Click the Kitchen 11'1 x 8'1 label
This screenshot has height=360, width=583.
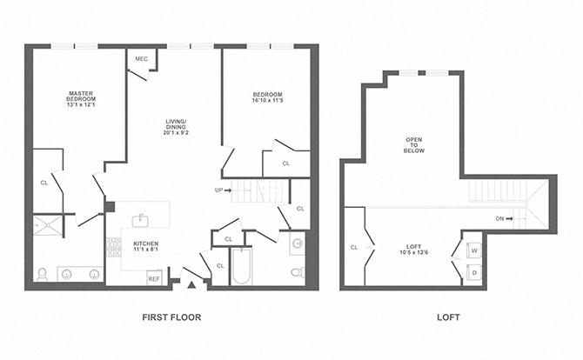pyautogui.click(x=145, y=247)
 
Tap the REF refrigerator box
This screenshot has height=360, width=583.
pyautogui.click(x=154, y=278)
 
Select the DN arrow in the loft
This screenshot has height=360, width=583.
pyautogui.click(x=502, y=218)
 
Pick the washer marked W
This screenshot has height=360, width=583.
pyautogui.click(x=473, y=250)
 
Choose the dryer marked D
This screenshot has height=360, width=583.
pyautogui.click(x=473, y=272)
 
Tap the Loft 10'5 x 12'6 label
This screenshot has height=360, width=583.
pyautogui.click(x=413, y=250)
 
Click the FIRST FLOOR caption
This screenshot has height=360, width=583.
pyautogui.click(x=171, y=318)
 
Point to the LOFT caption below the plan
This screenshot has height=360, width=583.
pyautogui.click(x=449, y=318)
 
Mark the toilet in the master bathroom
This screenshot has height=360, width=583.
pyautogui.click(x=42, y=274)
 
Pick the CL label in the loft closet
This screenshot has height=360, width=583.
pyautogui.click(x=354, y=248)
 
